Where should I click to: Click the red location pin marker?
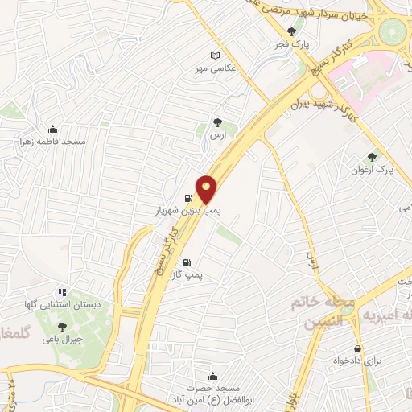pyautogui.click(x=207, y=189)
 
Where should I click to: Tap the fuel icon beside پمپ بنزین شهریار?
pyautogui.click(x=188, y=198)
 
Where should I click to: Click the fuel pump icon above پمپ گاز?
pyautogui.click(x=187, y=262)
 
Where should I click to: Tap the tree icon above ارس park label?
pyautogui.click(x=217, y=122)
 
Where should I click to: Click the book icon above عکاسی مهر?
pyautogui.click(x=213, y=56)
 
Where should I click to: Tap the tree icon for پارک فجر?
pyautogui.click(x=302, y=31)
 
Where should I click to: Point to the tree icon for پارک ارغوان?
pyautogui.click(x=372, y=157)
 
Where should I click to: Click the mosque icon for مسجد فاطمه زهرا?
pyautogui.click(x=53, y=128)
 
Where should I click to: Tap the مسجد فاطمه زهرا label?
pyautogui.click(x=53, y=142)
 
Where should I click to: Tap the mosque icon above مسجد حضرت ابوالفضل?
pyautogui.click(x=213, y=376)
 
